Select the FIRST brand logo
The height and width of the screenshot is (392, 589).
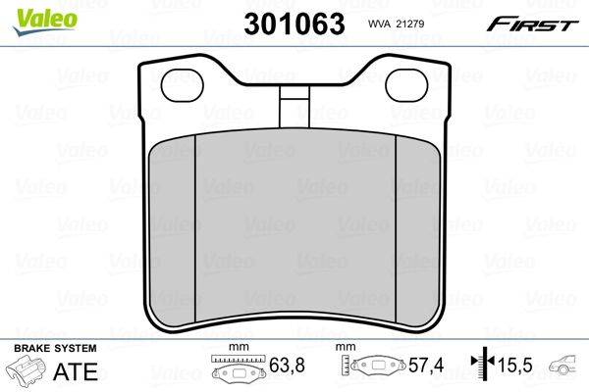click(538, 23)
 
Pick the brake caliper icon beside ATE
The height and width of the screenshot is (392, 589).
click(27, 372)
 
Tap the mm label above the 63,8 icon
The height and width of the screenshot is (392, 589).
click(236, 348)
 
